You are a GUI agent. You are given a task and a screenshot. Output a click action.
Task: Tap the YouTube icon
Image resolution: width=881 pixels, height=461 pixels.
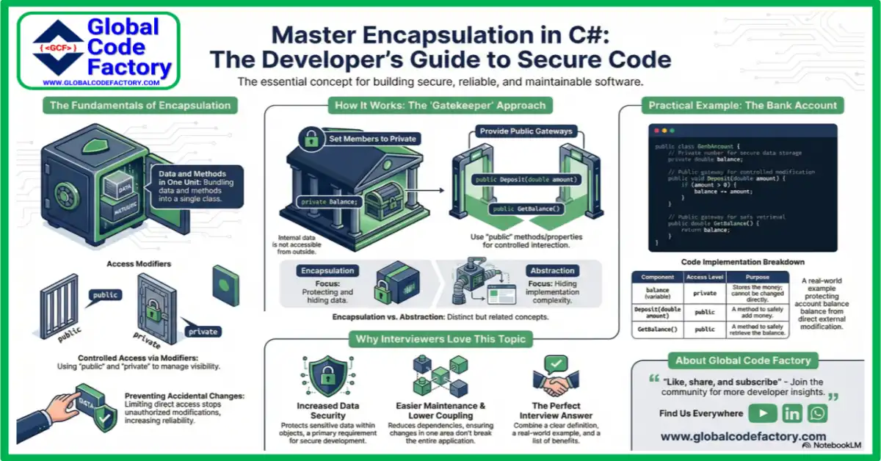tap(763, 413)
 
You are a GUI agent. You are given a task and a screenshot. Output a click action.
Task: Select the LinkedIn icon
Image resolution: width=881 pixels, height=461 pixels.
tap(792, 413)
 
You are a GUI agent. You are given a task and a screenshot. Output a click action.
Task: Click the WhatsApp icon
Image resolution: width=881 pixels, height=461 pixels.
tap(817, 413)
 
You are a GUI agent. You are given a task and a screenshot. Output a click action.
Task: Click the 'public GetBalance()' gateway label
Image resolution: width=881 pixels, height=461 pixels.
tap(526, 209)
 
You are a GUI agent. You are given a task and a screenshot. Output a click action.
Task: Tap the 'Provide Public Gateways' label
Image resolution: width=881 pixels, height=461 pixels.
tap(517, 131)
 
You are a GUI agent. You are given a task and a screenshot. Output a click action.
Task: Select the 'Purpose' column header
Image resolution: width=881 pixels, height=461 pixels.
tap(757, 277)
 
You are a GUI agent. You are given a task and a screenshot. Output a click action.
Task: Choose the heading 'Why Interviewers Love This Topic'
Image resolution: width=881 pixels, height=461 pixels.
tap(440, 338)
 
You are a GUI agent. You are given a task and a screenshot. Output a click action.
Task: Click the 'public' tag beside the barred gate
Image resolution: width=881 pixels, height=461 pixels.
tap(105, 295)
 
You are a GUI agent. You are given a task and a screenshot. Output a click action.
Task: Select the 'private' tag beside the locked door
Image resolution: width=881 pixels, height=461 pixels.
tap(203, 331)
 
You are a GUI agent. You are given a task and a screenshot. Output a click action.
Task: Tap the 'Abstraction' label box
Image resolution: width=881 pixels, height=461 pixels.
tap(553, 270)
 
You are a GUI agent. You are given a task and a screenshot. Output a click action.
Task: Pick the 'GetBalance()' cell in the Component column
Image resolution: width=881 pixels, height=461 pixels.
tap(656, 330)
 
